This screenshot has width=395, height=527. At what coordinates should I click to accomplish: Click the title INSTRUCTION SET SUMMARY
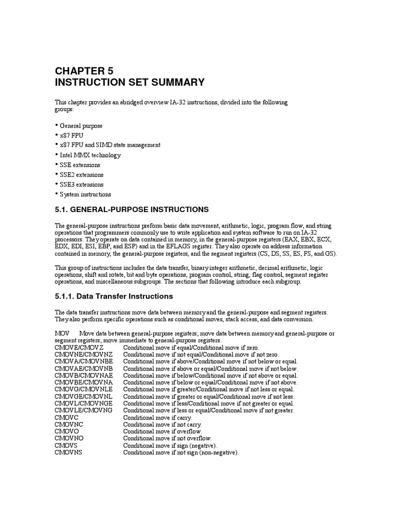click(x=130, y=82)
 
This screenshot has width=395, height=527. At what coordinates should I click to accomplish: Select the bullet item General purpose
click(x=81, y=126)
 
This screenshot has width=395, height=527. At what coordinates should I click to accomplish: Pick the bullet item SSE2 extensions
click(x=82, y=174)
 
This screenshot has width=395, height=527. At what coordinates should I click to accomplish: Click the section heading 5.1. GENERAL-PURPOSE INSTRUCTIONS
click(x=132, y=209)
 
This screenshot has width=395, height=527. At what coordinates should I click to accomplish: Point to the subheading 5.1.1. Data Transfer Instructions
click(x=114, y=296)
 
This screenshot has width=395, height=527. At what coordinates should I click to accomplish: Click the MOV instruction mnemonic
click(x=62, y=333)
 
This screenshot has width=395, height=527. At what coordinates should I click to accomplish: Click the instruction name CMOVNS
click(x=68, y=452)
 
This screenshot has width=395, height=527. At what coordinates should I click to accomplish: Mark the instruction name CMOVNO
click(x=68, y=438)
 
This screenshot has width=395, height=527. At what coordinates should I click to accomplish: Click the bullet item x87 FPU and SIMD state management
click(x=110, y=145)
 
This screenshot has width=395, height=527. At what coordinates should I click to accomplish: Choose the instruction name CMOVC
click(x=66, y=417)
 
